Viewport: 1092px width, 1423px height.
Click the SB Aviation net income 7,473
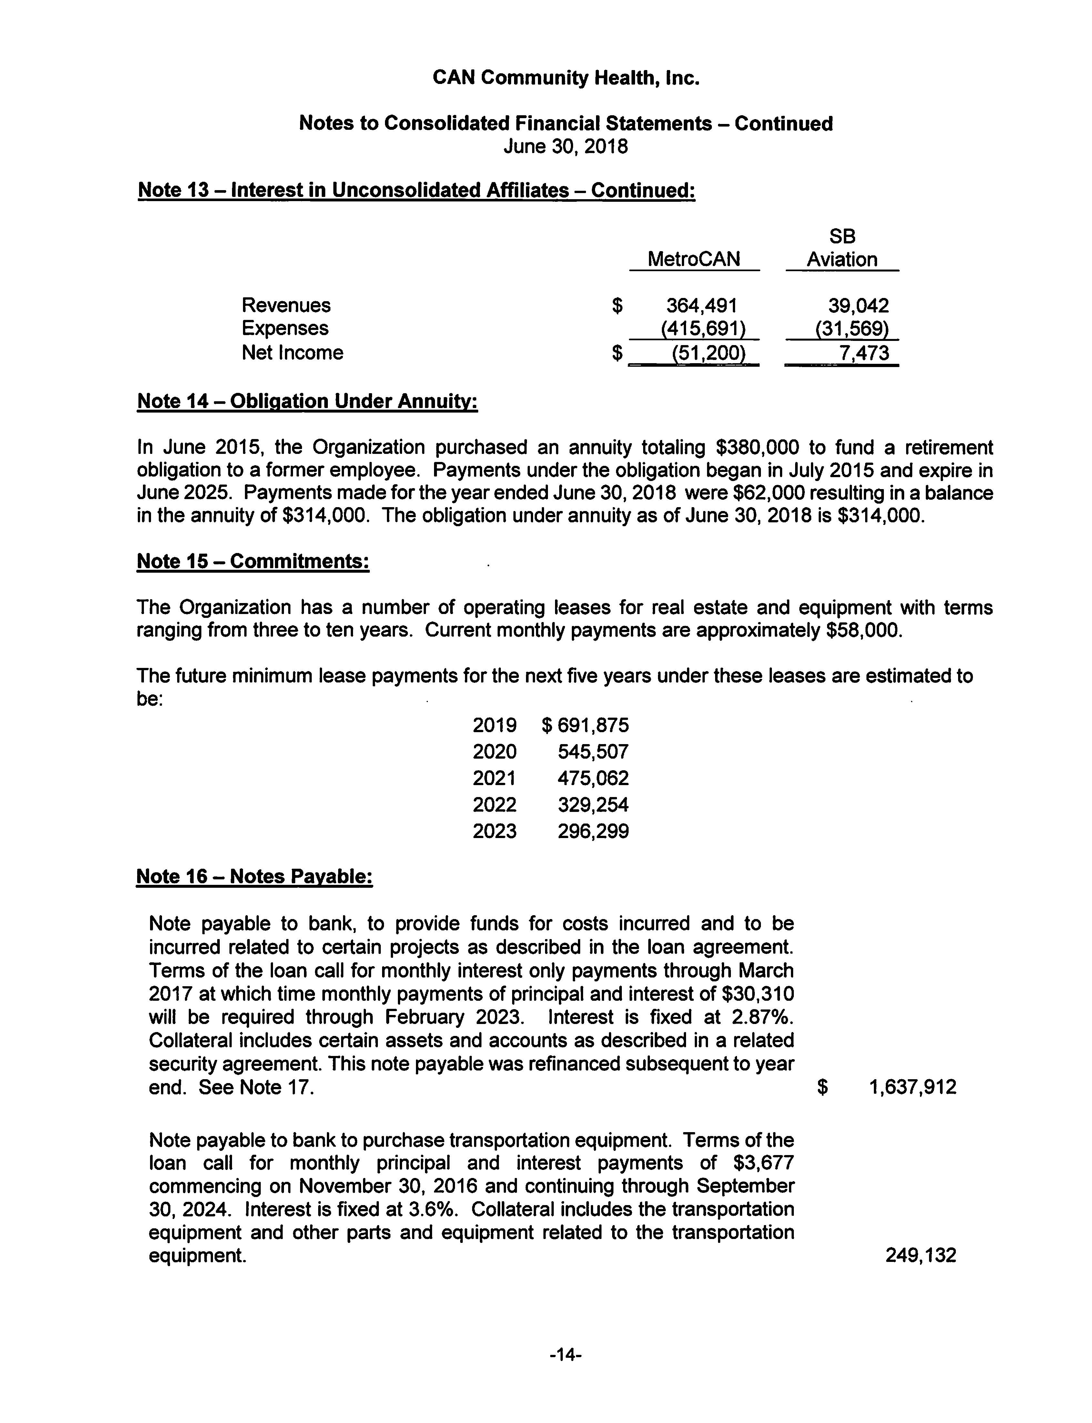click(x=863, y=353)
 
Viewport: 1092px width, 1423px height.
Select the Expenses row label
click(x=285, y=328)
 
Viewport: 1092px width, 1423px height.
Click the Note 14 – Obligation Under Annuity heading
click(x=308, y=401)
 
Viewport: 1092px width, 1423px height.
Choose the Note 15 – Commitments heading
click(x=253, y=561)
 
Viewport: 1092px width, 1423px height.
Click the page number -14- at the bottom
click(x=565, y=1356)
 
